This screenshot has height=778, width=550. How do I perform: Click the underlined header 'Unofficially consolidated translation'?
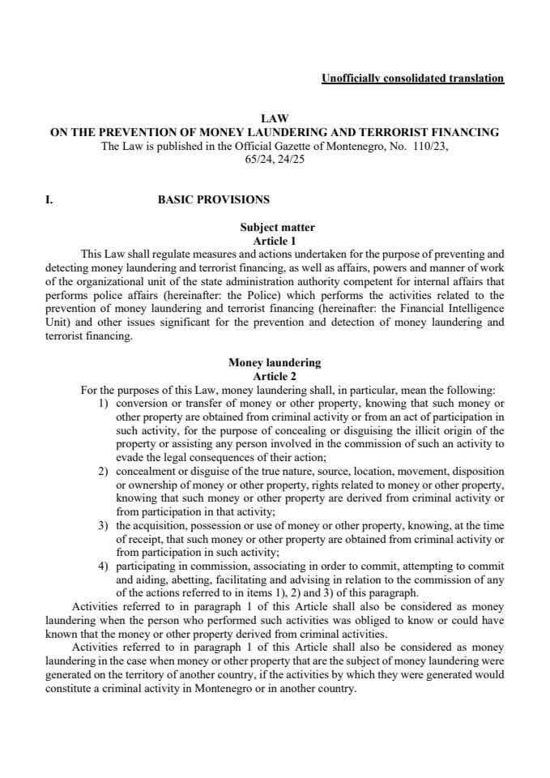pyautogui.click(x=412, y=79)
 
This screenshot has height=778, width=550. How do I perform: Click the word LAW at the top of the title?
pyautogui.click(x=275, y=118)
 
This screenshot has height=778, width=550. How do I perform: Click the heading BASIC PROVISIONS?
pyautogui.click(x=214, y=199)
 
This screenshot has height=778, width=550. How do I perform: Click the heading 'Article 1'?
pyautogui.click(x=275, y=241)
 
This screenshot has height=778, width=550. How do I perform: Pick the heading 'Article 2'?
pyautogui.click(x=275, y=376)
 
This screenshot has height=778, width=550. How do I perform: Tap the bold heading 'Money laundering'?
pyautogui.click(x=275, y=363)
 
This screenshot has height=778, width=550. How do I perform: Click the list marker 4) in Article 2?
pyautogui.click(x=104, y=566)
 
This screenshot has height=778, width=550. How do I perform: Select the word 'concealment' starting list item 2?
pyautogui.click(x=146, y=471)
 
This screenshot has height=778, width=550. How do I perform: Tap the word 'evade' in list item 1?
pyautogui.click(x=130, y=457)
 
